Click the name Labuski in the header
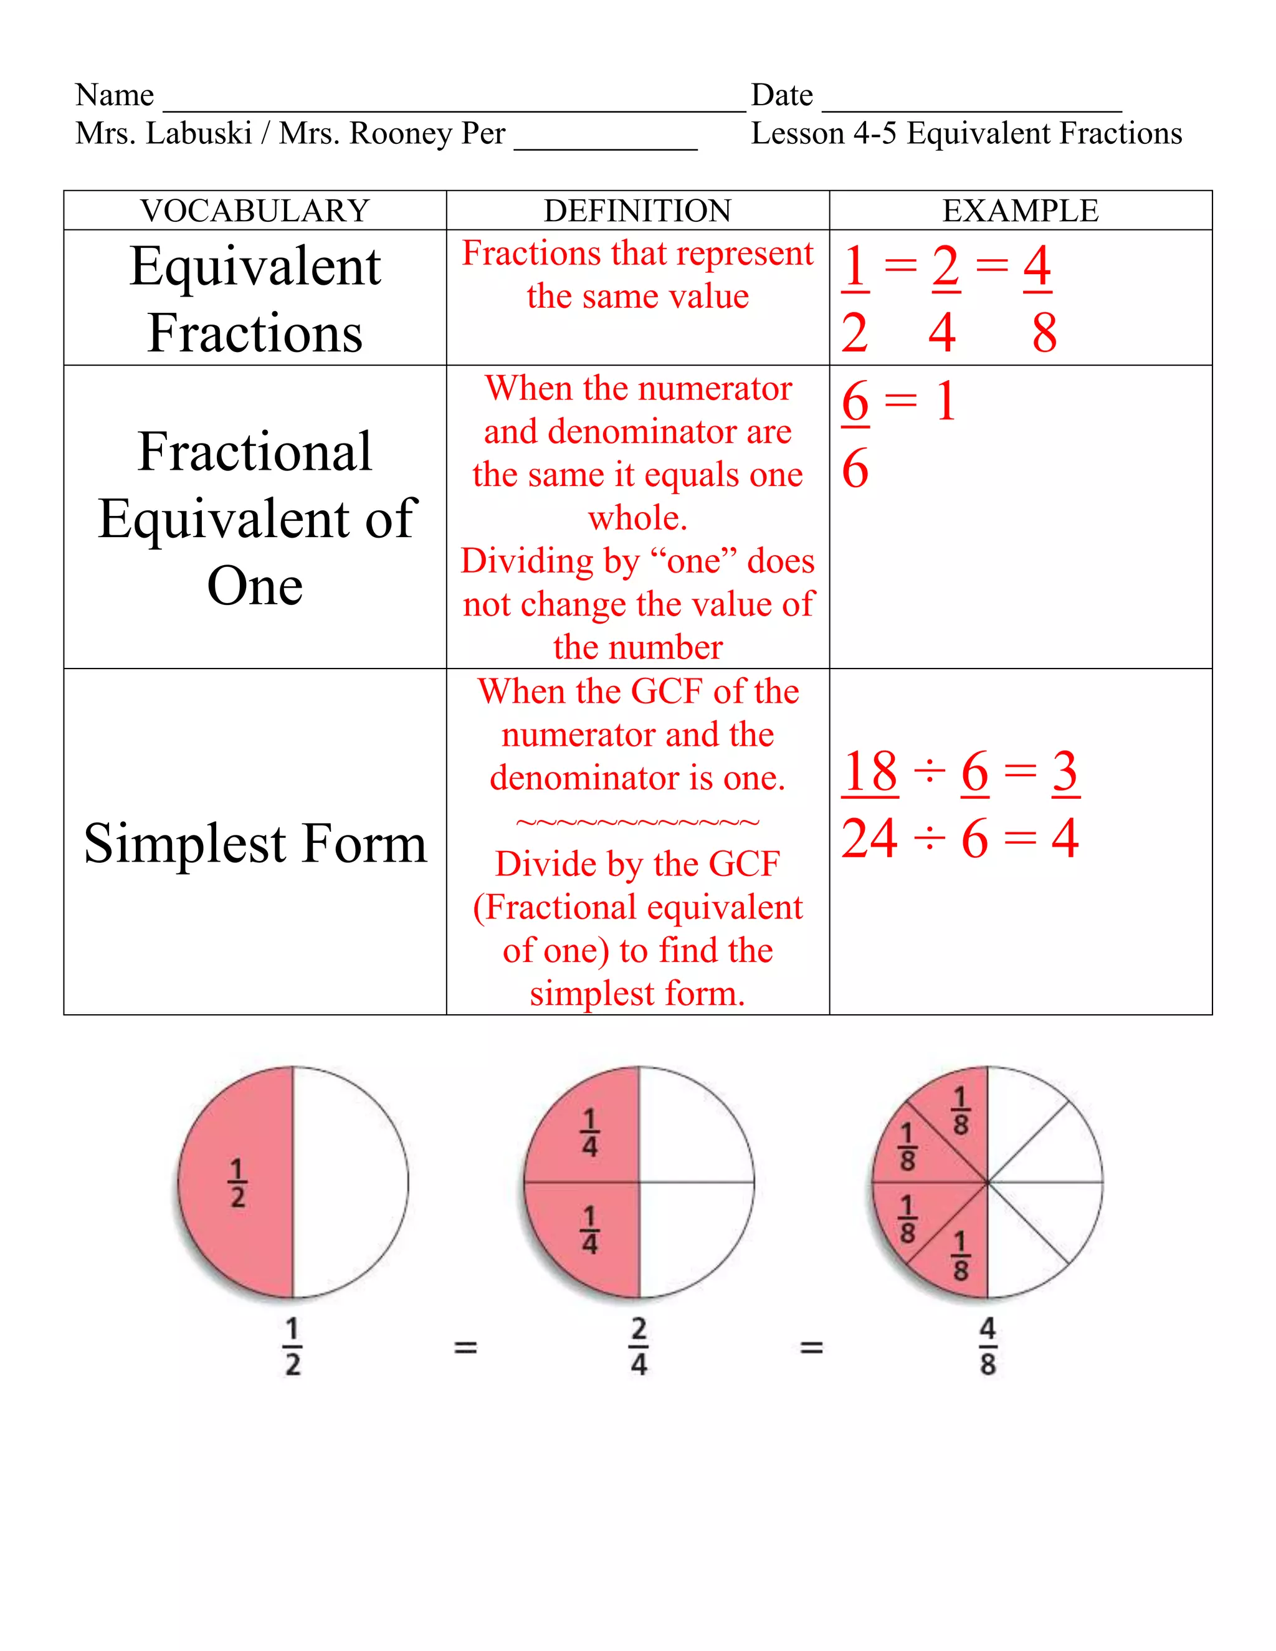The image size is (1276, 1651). point(199,134)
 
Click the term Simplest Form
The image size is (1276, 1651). point(255,843)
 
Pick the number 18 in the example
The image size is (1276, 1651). point(870,772)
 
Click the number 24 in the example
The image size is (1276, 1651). point(870,839)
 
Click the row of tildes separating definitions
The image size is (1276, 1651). point(637,822)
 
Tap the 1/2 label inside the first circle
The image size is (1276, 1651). point(237,1183)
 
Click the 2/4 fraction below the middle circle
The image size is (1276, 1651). point(639,1346)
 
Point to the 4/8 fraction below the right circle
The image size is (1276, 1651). point(988,1346)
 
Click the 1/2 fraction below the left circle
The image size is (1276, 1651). point(293,1346)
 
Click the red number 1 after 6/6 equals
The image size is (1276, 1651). point(946,401)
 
